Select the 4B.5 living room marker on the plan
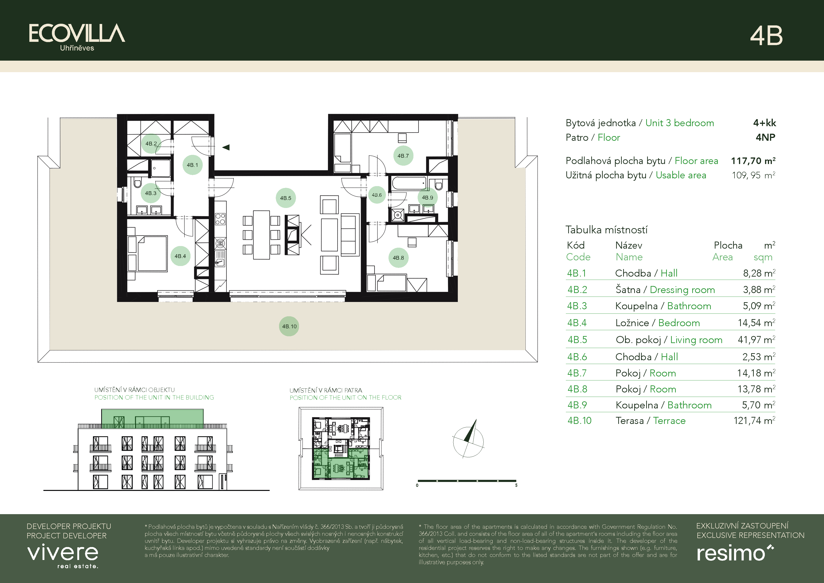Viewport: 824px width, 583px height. [x=286, y=198]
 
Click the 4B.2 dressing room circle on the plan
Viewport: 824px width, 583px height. [x=151, y=144]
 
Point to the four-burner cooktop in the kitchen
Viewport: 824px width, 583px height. [x=220, y=219]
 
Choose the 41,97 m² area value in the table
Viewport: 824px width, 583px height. [x=756, y=340]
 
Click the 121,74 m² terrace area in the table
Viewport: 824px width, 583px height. [x=754, y=420]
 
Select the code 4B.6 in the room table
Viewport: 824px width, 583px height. [x=577, y=357]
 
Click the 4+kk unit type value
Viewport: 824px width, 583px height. [x=764, y=123]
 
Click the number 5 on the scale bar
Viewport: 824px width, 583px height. [x=516, y=485]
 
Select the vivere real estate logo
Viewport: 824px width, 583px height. [x=63, y=556]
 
